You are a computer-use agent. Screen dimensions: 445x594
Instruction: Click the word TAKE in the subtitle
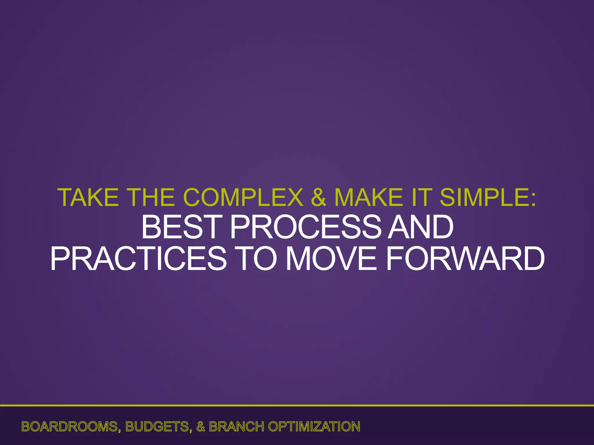[88, 198]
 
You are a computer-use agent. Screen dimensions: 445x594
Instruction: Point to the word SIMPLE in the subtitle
[483, 198]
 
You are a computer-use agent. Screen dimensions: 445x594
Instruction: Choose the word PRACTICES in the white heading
[138, 258]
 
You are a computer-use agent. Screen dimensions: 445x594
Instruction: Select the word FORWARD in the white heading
[465, 258]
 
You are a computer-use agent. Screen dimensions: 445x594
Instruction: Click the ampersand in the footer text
[201, 427]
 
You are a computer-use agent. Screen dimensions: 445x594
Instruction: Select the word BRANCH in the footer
[236, 427]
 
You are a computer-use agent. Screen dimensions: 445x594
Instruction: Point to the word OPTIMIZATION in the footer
[314, 427]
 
